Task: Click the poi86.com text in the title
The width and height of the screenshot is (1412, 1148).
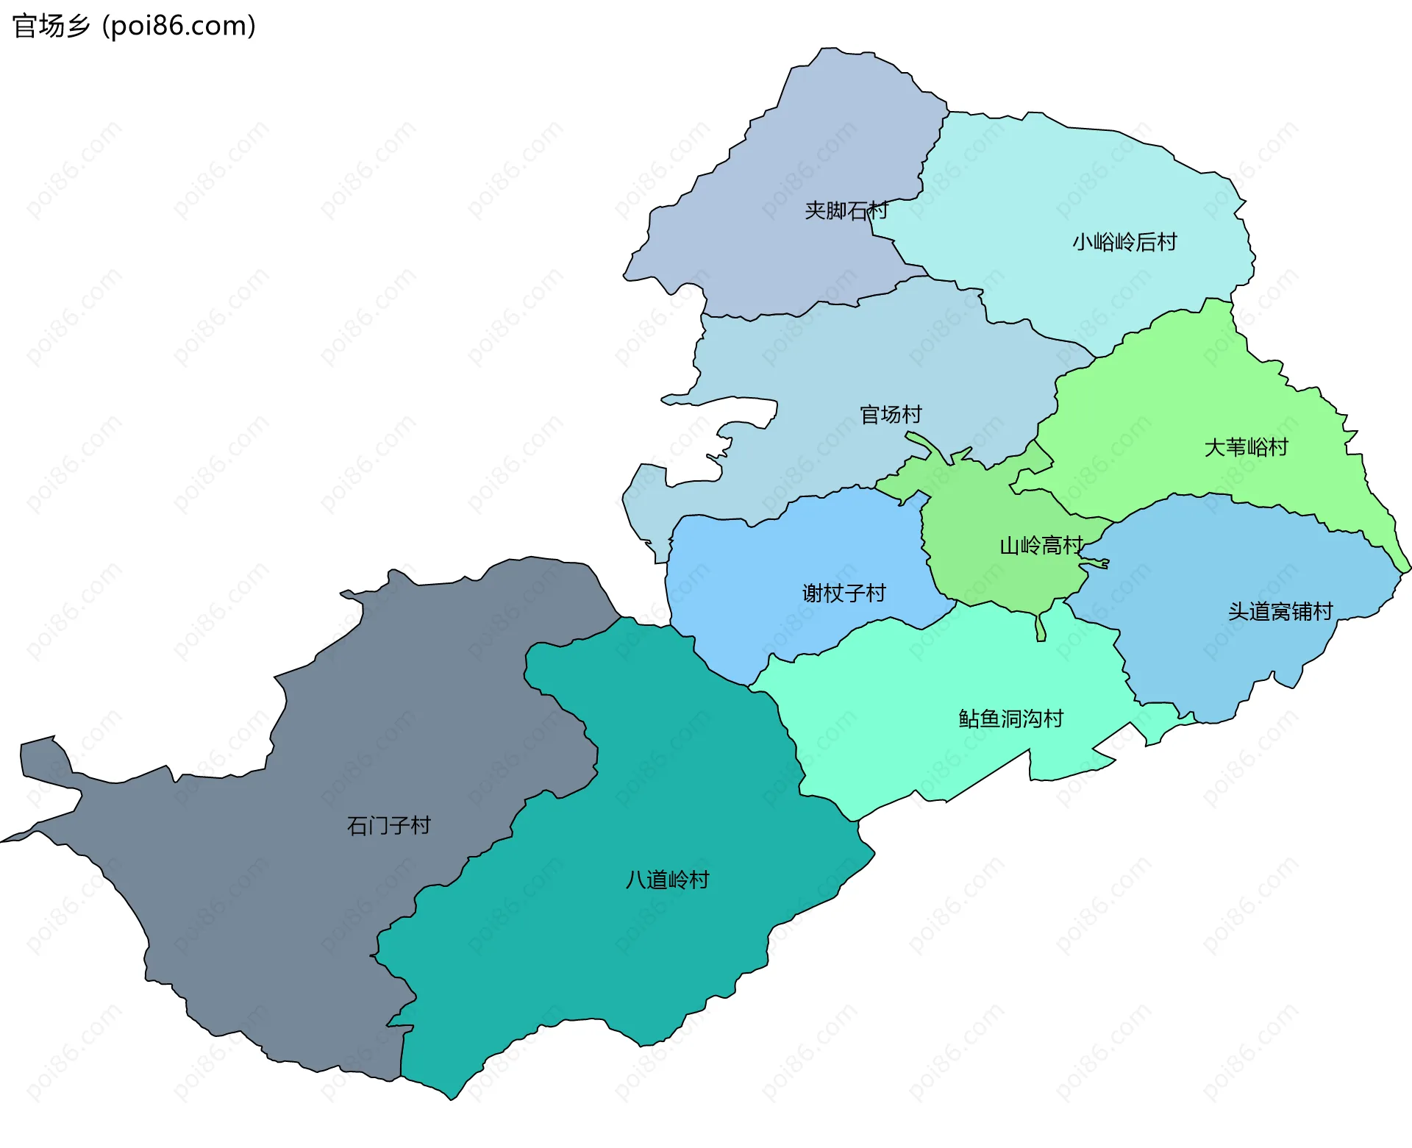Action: pos(179,26)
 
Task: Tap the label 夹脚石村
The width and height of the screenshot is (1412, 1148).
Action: pos(846,211)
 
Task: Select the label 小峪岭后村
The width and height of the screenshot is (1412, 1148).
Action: pos(1124,242)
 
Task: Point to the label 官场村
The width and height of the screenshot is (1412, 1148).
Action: pos(891,415)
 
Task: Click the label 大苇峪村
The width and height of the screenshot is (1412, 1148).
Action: pos(1246,447)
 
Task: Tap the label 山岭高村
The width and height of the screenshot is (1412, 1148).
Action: pos(1041,546)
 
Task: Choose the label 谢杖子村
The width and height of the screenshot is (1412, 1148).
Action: pos(844,593)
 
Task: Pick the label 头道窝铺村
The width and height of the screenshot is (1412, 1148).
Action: pos(1280,611)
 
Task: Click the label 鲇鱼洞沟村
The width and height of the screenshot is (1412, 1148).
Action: pos(1011,719)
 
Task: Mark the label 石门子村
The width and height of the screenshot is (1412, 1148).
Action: pos(388,825)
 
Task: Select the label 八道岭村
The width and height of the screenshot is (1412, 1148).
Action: pos(667,880)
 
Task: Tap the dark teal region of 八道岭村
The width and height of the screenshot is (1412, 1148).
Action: pos(625,971)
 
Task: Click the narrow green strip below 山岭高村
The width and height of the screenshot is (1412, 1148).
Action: pos(1041,627)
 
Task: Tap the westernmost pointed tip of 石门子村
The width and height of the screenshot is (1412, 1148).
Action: pos(4,841)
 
